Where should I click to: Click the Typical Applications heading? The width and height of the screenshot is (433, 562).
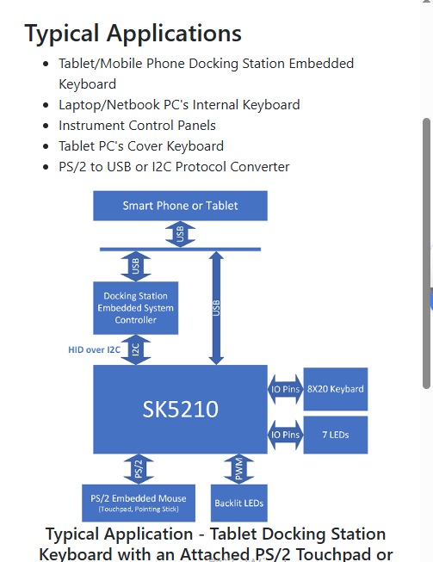(x=133, y=34)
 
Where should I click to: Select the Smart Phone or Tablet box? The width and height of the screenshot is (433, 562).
(x=180, y=206)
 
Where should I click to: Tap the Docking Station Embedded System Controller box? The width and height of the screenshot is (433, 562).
(x=135, y=308)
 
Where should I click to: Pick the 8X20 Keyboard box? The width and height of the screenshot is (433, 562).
(x=336, y=389)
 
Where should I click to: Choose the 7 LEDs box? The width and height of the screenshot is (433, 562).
(x=336, y=435)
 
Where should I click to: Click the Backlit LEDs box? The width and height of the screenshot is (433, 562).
(x=238, y=503)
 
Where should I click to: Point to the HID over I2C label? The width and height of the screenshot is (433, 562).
(x=95, y=350)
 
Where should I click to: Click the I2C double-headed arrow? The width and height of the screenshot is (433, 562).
(x=136, y=349)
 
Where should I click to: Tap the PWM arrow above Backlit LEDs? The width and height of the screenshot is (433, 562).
(x=238, y=469)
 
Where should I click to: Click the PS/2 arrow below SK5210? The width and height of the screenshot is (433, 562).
(x=137, y=469)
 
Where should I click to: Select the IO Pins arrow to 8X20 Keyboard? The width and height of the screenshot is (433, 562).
(x=286, y=389)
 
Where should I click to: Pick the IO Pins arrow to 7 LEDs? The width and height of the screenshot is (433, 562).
(x=286, y=435)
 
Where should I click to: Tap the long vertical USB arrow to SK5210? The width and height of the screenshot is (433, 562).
(x=215, y=306)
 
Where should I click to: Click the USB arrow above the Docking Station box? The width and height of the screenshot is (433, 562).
(x=136, y=267)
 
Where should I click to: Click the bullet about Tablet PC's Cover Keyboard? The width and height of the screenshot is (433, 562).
(x=141, y=146)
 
